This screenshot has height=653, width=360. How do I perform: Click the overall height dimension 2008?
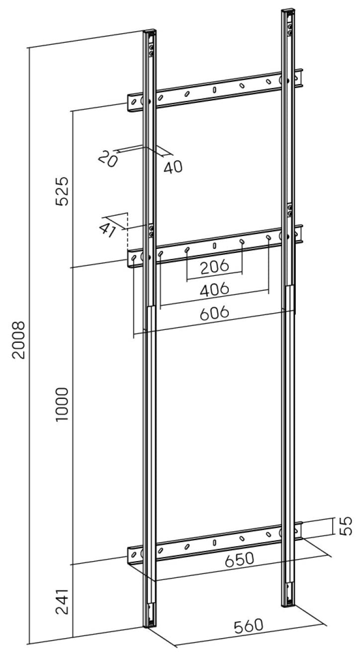coord(19,339)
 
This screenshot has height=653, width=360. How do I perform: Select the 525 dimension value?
coord(62,191)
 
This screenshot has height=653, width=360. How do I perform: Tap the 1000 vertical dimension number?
coord(62,404)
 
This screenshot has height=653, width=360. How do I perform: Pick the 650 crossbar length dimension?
coord(240,559)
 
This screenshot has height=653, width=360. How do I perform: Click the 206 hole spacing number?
coord(215,266)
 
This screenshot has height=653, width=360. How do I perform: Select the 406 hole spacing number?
coord(214,289)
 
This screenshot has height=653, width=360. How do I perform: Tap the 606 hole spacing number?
coord(214,313)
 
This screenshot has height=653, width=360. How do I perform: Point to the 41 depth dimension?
coord(107,230)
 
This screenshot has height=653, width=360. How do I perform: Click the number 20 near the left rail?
coord(108,160)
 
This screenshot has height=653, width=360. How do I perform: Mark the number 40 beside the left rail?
coord(173,167)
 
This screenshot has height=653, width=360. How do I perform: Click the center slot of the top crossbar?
coord(214,89)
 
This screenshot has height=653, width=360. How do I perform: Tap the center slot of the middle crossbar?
coord(214,245)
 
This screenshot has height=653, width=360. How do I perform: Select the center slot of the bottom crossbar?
coord(214,542)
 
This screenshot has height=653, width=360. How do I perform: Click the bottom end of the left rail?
coord(150,625)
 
